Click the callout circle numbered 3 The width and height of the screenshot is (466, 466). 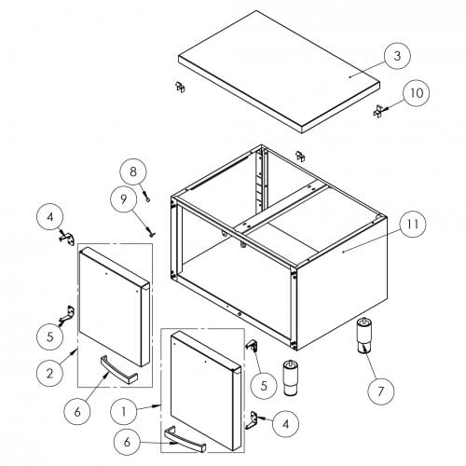[397, 56]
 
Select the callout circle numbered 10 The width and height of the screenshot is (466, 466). [417, 93]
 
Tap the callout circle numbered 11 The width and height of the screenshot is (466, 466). [413, 224]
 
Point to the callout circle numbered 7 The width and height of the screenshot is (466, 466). [381, 391]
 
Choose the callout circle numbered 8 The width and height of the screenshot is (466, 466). [133, 171]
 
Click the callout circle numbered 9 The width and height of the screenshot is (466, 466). [124, 199]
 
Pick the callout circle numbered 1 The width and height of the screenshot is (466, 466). [124, 412]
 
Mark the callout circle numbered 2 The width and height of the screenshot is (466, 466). [49, 373]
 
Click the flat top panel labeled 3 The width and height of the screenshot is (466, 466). [279, 72]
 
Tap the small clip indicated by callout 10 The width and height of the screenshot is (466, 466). [377, 111]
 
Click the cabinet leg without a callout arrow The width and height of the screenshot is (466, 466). [291, 377]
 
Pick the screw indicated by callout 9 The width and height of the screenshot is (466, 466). [150, 232]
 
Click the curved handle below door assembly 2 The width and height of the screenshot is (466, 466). [118, 370]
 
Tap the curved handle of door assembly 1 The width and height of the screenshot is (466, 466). [185, 439]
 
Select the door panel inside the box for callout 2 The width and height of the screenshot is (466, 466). [115, 307]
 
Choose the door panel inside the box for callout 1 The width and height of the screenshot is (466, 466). [206, 391]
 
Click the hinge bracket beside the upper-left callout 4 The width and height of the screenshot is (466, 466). [67, 239]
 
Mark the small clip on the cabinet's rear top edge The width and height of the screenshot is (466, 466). [300, 157]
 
